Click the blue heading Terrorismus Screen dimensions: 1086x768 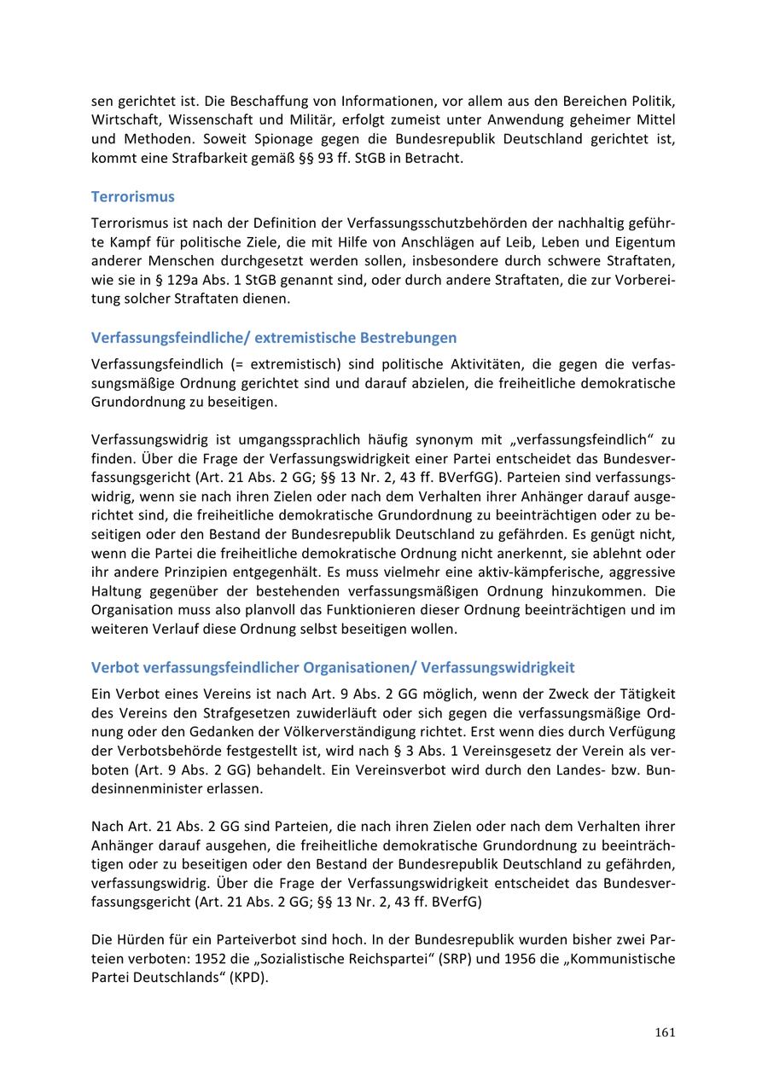point(132,197)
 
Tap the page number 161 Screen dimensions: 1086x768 point(666,1033)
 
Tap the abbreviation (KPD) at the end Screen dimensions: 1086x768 point(248,978)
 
